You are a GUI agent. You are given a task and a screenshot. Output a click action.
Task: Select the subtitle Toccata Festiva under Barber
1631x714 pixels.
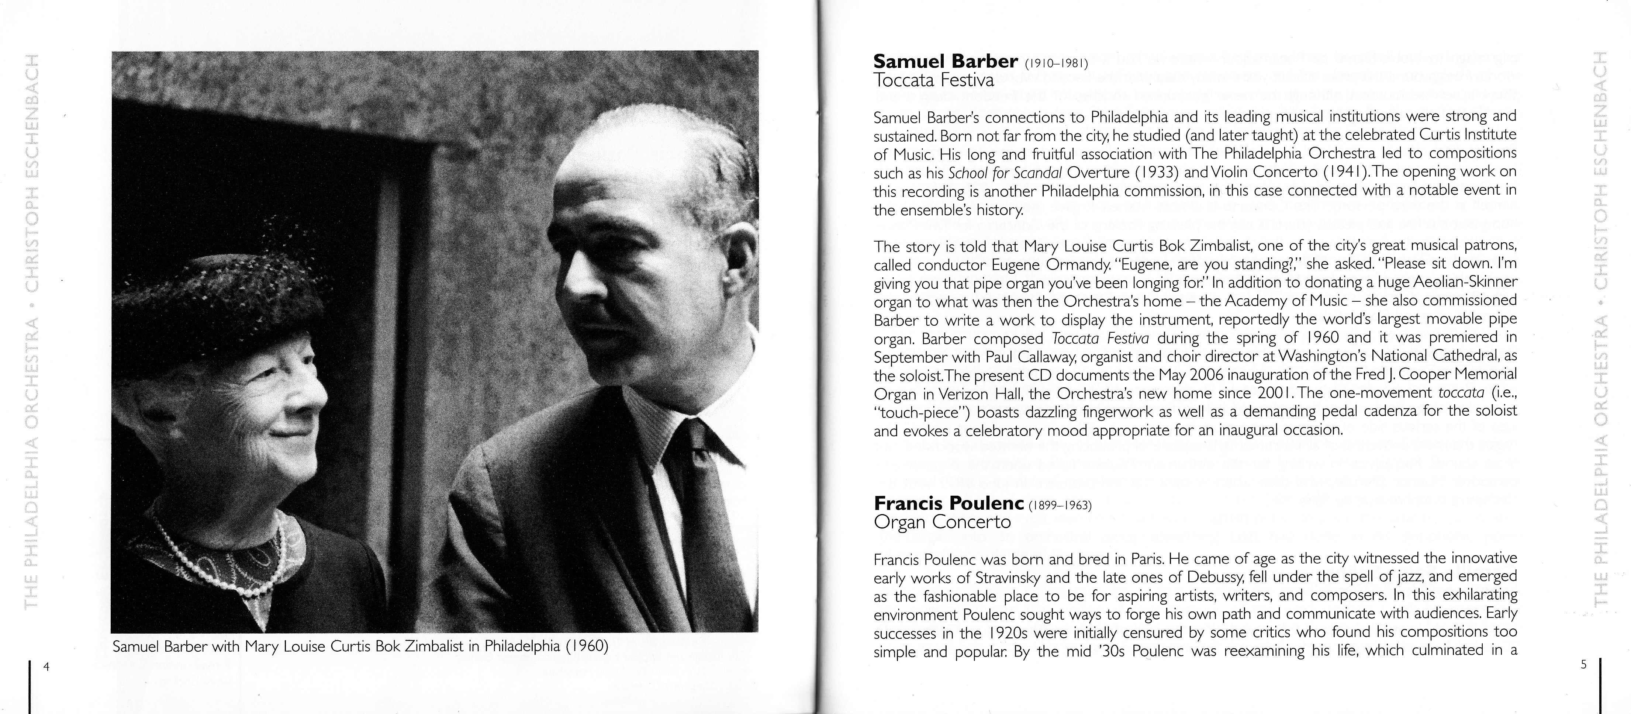click(x=934, y=80)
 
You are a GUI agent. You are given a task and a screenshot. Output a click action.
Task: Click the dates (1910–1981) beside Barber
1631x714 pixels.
click(x=1055, y=64)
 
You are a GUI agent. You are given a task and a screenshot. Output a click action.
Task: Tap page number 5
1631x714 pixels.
click(x=1583, y=665)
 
